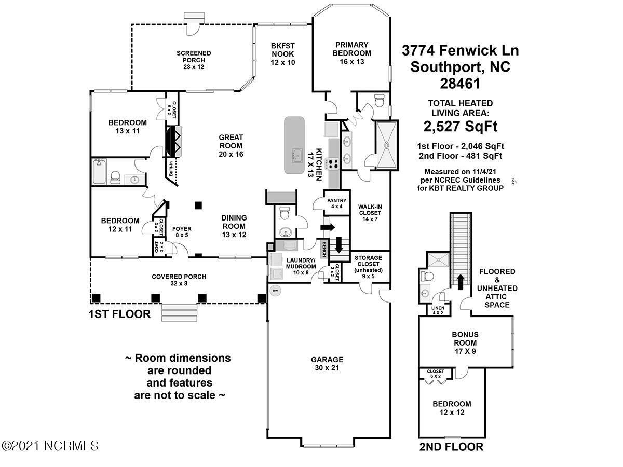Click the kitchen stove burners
tap(332, 163)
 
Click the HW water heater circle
tap(275, 291)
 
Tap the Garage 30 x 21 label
tap(327, 363)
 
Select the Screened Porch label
tap(193, 60)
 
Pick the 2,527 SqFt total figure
tap(461, 126)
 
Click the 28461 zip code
tap(461, 83)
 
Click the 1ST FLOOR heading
tap(119, 314)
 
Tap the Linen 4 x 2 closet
tap(438, 310)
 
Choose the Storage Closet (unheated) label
tap(368, 267)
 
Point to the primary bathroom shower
tap(387, 146)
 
